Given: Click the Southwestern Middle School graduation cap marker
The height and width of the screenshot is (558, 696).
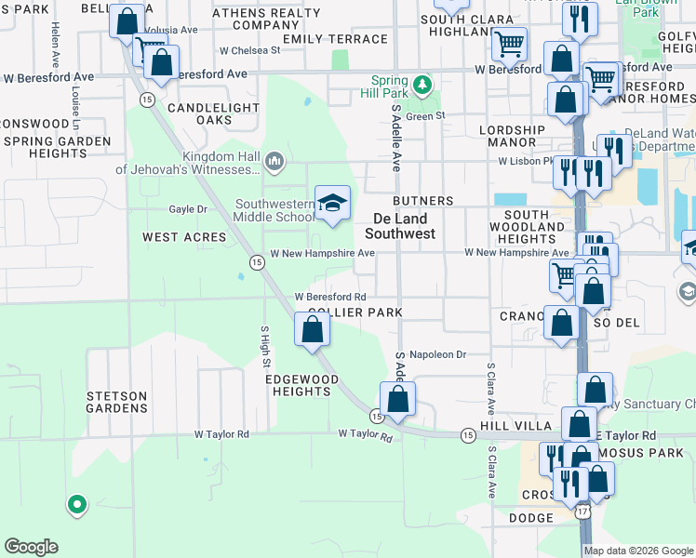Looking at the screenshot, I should point(331,204).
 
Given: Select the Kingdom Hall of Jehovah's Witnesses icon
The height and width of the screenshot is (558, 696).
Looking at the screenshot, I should point(274,163).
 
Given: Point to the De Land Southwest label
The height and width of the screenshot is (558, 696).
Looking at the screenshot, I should point(404,226).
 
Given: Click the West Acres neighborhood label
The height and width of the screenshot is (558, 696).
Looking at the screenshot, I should point(184,237).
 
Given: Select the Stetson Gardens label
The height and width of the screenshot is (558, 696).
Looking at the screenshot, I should point(117,402).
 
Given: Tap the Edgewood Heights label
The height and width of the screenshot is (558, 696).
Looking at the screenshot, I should point(297,385).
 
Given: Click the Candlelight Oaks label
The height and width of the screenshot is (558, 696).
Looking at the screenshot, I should point(200,114).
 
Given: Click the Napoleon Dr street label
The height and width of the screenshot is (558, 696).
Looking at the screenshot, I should point(437,354).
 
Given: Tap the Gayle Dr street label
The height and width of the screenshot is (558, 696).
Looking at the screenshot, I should point(188,209).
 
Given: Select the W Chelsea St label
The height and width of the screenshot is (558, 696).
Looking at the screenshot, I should point(249,51).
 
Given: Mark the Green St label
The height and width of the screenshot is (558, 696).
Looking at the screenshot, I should point(426,116).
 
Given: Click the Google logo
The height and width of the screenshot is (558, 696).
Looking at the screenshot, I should point(31,547).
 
